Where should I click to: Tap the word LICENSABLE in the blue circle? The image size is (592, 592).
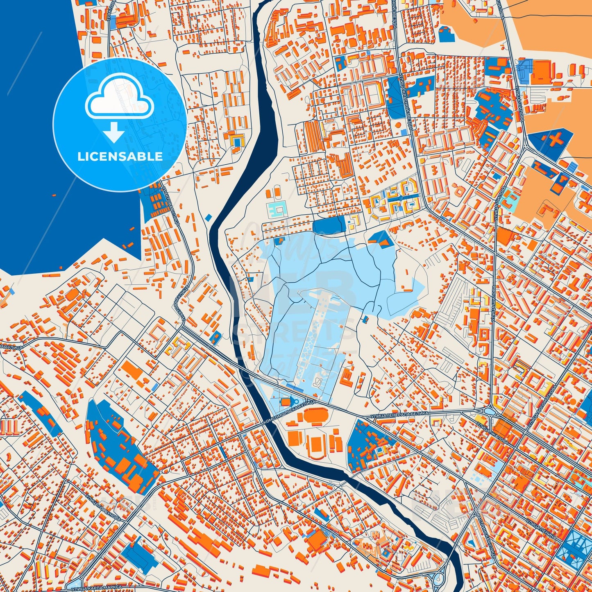pyautogui.click(x=120, y=157)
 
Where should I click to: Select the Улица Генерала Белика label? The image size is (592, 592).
pyautogui.click(x=399, y=415)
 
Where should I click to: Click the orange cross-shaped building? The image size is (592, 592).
pyautogui.click(x=554, y=140)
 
